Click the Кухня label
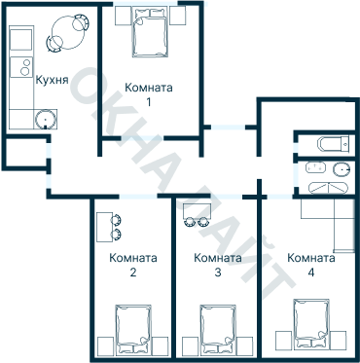click(x=52, y=80)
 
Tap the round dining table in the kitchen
click(x=68, y=33)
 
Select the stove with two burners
click(x=21, y=67)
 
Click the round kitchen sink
click(x=46, y=119)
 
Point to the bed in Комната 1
click(x=151, y=33)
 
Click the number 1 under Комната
click(x=149, y=102)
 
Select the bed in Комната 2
click(x=133, y=329)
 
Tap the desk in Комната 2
click(x=104, y=227)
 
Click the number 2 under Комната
click(x=133, y=272)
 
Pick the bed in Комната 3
click(x=218, y=329)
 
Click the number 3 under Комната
click(x=218, y=272)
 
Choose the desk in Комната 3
click(x=198, y=211)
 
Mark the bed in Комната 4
click(x=311, y=324)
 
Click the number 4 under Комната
click(x=311, y=272)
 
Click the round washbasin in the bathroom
click(x=342, y=169)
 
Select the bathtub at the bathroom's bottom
click(x=328, y=189)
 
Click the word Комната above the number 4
click(x=311, y=258)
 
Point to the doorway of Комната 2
click(x=138, y=197)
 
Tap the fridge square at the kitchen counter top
click(x=21, y=40)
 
